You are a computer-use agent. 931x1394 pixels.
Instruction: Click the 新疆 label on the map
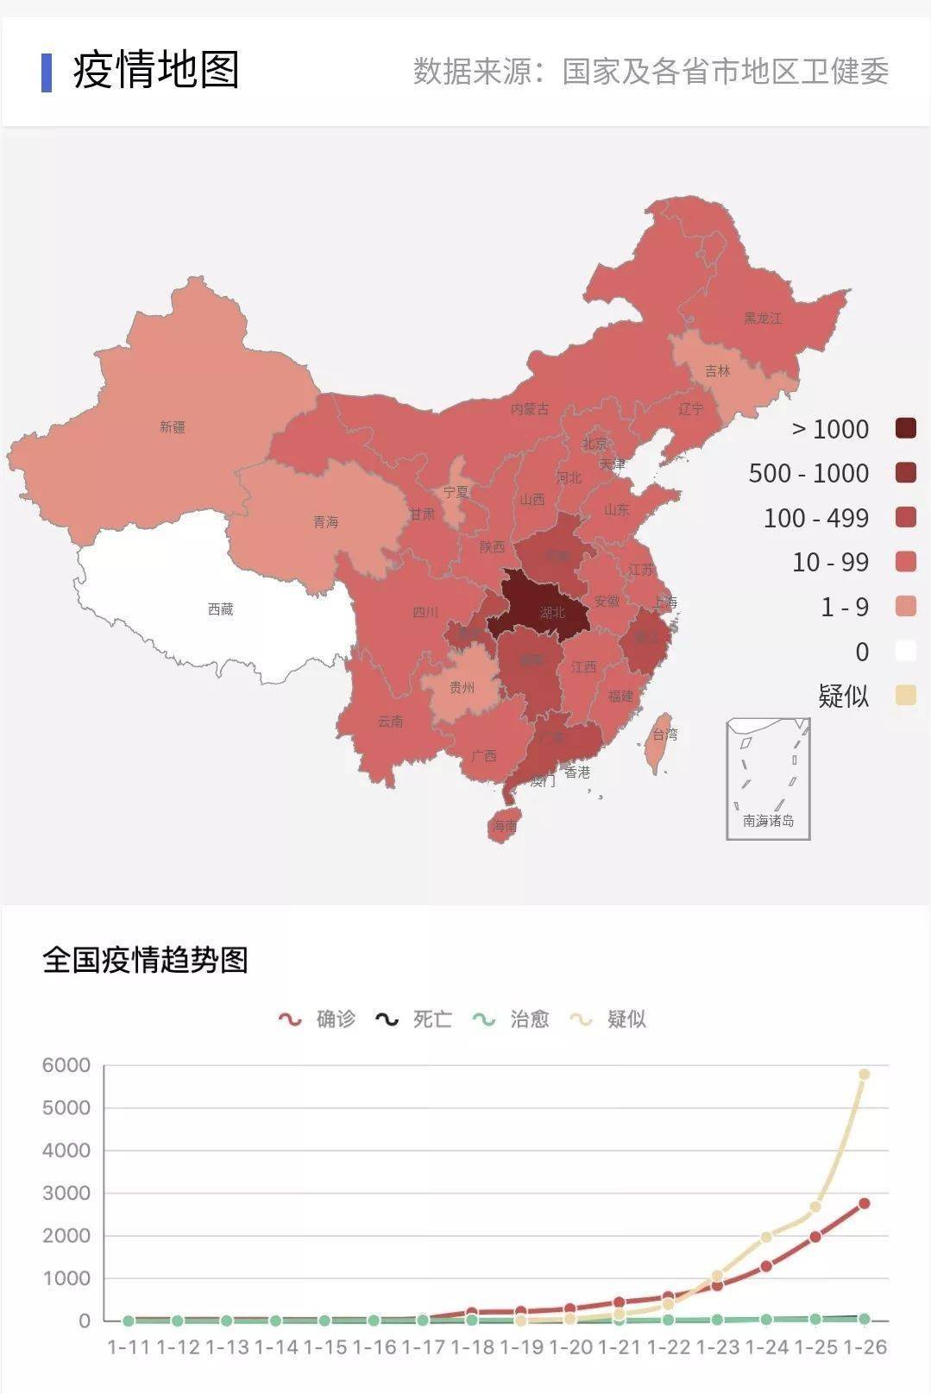click(172, 426)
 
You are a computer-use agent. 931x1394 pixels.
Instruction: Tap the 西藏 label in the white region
click(221, 609)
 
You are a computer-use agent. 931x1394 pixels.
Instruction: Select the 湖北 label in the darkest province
click(552, 612)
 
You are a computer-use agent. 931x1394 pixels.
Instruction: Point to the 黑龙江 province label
click(763, 318)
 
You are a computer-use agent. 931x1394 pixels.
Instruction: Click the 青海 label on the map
click(325, 522)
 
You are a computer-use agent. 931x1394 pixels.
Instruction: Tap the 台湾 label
click(664, 735)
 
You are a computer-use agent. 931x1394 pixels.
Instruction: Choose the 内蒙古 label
click(529, 408)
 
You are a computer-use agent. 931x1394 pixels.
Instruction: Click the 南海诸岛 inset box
click(768, 779)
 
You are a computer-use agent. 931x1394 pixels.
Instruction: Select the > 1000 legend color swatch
click(905, 428)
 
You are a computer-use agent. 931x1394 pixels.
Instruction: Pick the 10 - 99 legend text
click(829, 562)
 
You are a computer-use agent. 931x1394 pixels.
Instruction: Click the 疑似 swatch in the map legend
click(905, 695)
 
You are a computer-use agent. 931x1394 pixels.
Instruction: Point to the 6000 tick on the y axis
click(66, 1065)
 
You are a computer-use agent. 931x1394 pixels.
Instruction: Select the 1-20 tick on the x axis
click(570, 1347)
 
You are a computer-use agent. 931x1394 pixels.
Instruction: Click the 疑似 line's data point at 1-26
click(864, 1074)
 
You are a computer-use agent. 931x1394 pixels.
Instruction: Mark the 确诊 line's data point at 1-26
click(864, 1203)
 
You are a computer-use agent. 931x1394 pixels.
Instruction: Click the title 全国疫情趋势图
click(145, 960)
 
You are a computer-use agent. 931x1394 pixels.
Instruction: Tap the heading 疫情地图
click(156, 71)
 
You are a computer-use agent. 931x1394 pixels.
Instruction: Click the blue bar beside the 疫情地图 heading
click(47, 72)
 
